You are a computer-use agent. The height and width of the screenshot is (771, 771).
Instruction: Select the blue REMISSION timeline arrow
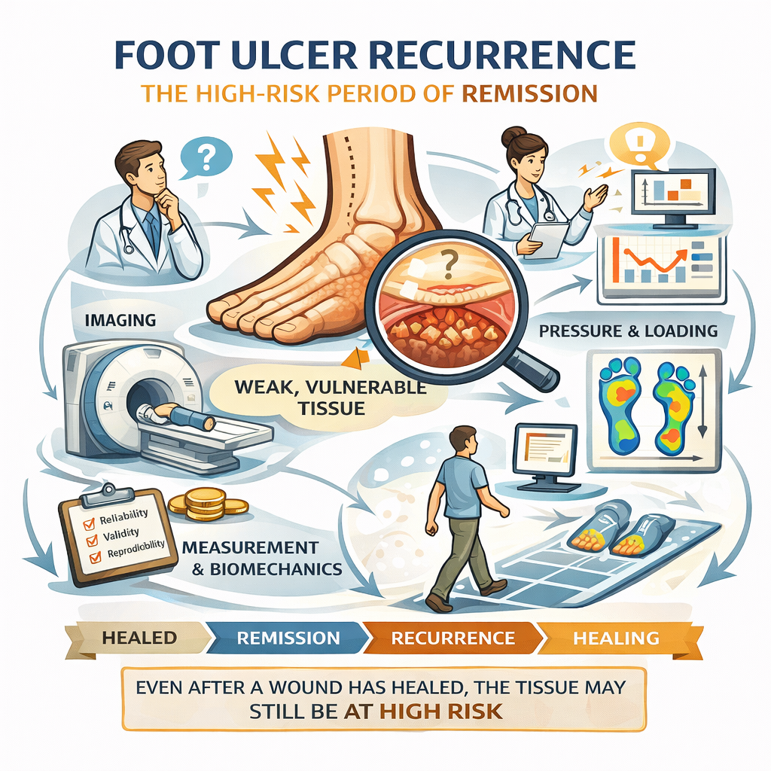point(288,638)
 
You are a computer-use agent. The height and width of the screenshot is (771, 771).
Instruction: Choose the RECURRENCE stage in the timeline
point(453,638)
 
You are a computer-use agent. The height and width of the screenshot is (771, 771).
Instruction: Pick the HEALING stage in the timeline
point(616,638)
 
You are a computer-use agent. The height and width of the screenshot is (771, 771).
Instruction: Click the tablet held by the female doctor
point(547,236)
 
